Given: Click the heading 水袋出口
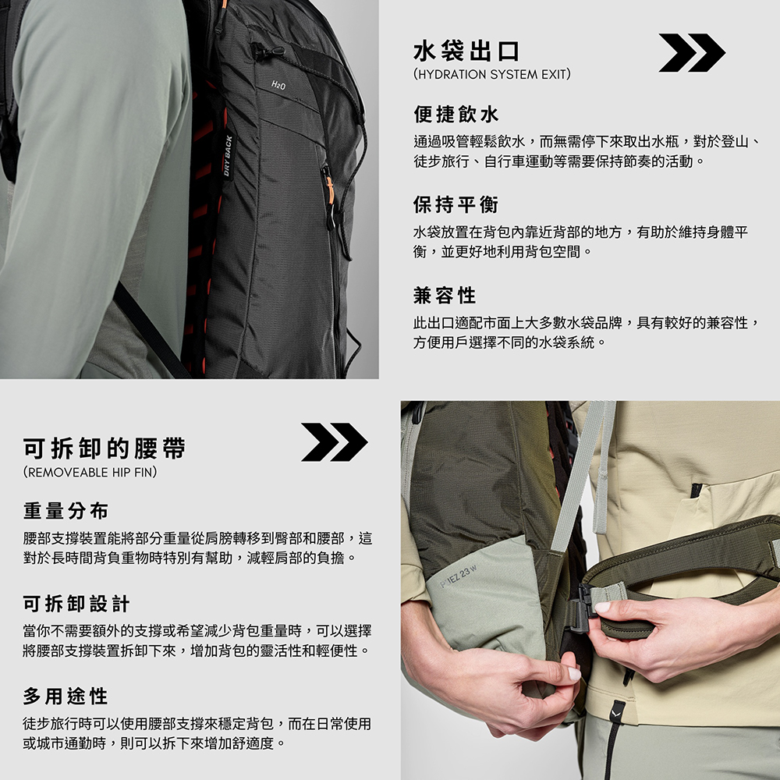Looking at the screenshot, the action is pyautogui.click(x=466, y=51).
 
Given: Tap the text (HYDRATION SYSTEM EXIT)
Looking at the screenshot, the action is pyautogui.click(x=492, y=75).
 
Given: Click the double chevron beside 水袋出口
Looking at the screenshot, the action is pyautogui.click(x=692, y=53).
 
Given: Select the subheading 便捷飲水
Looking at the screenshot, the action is pyautogui.click(x=456, y=115).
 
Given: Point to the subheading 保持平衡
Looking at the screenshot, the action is pyautogui.click(x=456, y=204).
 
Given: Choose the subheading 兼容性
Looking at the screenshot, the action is pyautogui.click(x=445, y=295).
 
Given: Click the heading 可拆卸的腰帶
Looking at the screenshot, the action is pyautogui.click(x=104, y=448).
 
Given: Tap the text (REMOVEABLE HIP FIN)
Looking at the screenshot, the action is pyautogui.click(x=90, y=472).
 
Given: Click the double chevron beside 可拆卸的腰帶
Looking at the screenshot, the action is pyautogui.click(x=335, y=441).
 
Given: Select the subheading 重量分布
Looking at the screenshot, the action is pyautogui.click(x=66, y=511).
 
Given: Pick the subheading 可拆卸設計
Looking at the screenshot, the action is pyautogui.click(x=76, y=604).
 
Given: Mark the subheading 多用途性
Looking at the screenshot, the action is pyautogui.click(x=66, y=696).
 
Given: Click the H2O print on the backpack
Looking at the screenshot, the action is pyautogui.click(x=278, y=85).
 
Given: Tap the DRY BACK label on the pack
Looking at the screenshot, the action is pyautogui.click(x=228, y=155).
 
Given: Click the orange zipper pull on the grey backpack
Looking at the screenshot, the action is pyautogui.click(x=330, y=190).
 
